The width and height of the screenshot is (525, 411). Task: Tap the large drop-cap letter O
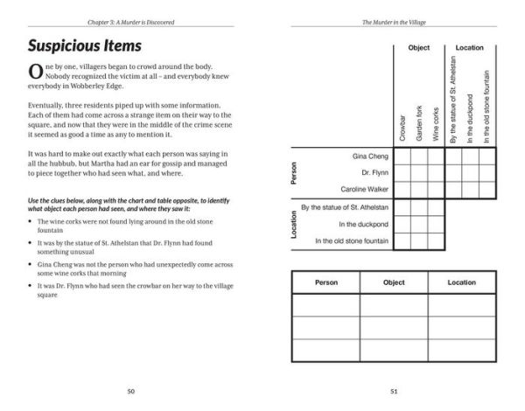point(36,73)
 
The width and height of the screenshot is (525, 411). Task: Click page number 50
point(130,390)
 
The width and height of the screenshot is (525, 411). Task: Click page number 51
point(394,390)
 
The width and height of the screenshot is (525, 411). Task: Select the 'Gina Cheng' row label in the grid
point(368,156)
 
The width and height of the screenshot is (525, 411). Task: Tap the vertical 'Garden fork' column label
point(419,122)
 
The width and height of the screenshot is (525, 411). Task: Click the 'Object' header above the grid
point(418,48)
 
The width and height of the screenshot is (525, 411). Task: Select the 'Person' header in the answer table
point(325,282)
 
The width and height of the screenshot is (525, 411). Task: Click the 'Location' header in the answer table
point(461,282)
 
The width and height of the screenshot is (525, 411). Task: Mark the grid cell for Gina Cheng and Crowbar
point(402,156)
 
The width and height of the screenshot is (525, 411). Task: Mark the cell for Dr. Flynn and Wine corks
point(436,172)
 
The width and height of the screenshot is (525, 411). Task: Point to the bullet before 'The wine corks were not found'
point(31,222)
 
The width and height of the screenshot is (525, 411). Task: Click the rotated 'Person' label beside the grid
point(294,172)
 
